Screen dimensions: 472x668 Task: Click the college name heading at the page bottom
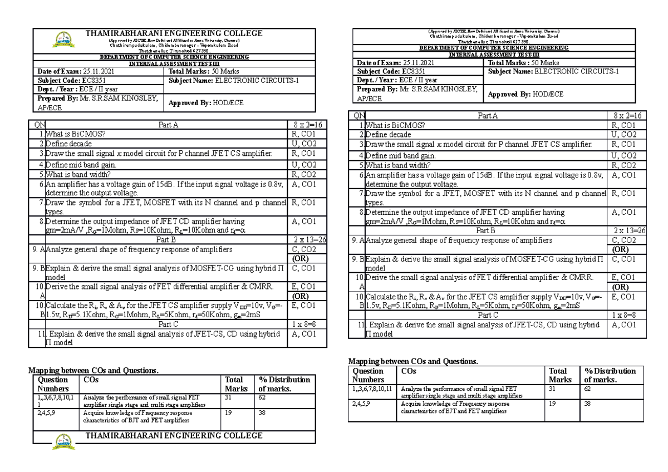(174, 435)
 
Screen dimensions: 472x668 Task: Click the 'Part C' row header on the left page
(168, 323)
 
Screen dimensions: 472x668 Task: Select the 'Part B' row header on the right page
(486, 230)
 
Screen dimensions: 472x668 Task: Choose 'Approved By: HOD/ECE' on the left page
(205, 103)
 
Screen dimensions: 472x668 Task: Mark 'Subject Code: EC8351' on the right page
(389, 72)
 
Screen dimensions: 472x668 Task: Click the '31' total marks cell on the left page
(229, 398)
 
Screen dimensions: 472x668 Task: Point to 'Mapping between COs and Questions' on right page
(412, 361)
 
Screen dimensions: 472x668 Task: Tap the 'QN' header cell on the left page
(40, 125)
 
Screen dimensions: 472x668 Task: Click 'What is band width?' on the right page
(398, 165)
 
